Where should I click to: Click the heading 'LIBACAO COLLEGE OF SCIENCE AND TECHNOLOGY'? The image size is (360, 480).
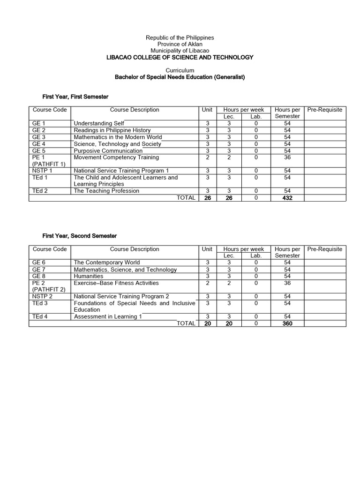pyautogui.click(x=180, y=57)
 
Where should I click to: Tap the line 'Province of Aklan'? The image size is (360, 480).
pyautogui.click(x=180, y=44)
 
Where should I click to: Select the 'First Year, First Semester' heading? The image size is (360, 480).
pyautogui.click(x=75, y=97)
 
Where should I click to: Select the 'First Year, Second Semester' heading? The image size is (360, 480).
pyautogui.click(x=80, y=236)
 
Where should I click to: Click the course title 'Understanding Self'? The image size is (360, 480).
pyautogui.click(x=99, y=123)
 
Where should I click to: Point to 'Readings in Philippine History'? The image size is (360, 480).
pyautogui.click(x=112, y=130)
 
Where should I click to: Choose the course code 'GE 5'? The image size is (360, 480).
pyautogui.click(x=39, y=151)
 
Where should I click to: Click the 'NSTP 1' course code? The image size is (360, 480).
pyautogui.click(x=42, y=171)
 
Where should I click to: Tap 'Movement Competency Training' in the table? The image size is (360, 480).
pyautogui.click(x=116, y=157)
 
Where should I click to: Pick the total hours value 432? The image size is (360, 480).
pyautogui.click(x=287, y=198)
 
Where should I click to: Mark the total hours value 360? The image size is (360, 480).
pyautogui.click(x=287, y=323)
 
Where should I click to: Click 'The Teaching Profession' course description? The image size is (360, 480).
pyautogui.click(x=106, y=191)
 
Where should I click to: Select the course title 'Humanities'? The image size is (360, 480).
pyautogui.click(x=89, y=276)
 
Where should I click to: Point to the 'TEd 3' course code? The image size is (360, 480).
pyautogui.click(x=41, y=303)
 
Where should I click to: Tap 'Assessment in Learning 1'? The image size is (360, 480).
pyautogui.click(x=108, y=316)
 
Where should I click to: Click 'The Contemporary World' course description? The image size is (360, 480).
pyautogui.click(x=107, y=262)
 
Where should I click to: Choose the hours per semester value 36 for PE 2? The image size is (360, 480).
pyautogui.click(x=287, y=283)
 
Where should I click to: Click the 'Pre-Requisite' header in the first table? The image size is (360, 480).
pyautogui.click(x=325, y=110)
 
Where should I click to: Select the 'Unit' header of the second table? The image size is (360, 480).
pyautogui.click(x=207, y=249)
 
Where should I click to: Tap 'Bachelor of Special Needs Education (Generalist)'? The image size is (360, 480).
pyautogui.click(x=180, y=77)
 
